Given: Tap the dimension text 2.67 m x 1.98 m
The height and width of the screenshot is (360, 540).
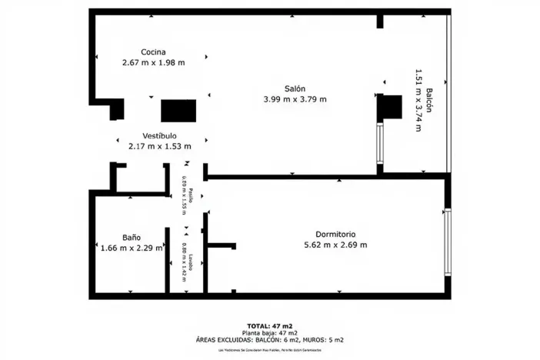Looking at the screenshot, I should (x=154, y=62).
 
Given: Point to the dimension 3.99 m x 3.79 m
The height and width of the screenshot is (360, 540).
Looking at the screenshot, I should (x=295, y=98).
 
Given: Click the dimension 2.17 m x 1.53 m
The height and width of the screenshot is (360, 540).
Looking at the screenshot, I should (x=159, y=146).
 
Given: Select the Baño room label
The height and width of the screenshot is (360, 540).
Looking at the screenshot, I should (x=131, y=238).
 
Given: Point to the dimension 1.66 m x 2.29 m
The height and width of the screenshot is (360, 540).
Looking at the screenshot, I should (x=132, y=248).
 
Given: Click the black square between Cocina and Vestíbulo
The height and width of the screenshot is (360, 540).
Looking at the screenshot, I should (x=178, y=111).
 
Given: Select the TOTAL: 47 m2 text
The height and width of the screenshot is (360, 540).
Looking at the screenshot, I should (x=268, y=325).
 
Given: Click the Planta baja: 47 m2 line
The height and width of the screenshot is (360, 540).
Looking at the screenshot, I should (x=268, y=332).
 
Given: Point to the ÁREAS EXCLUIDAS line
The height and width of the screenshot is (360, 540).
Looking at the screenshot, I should (x=268, y=339).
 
